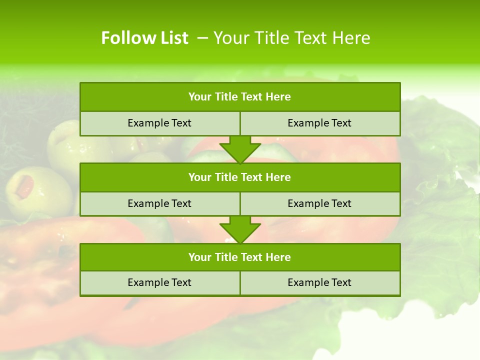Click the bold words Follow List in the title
tap(144, 38)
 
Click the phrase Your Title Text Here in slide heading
tap(292, 38)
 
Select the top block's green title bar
tap(240, 97)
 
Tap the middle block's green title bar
tap(240, 177)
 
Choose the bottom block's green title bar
tap(240, 257)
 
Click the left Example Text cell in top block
tap(159, 123)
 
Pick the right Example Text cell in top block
tap(319, 123)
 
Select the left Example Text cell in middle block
tap(159, 203)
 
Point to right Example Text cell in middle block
tap(319, 203)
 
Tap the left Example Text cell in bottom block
tap(159, 282)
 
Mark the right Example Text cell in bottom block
tap(319, 282)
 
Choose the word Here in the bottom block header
tap(278, 257)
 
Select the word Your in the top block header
tap(200, 97)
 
